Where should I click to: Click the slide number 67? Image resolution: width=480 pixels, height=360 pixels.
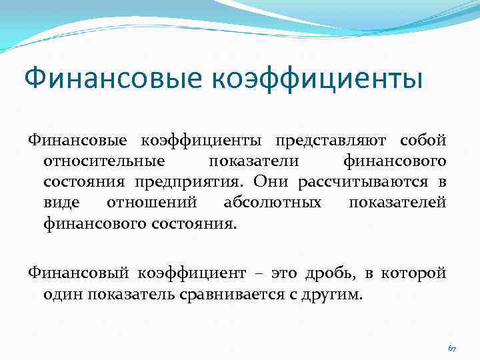(452, 349)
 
